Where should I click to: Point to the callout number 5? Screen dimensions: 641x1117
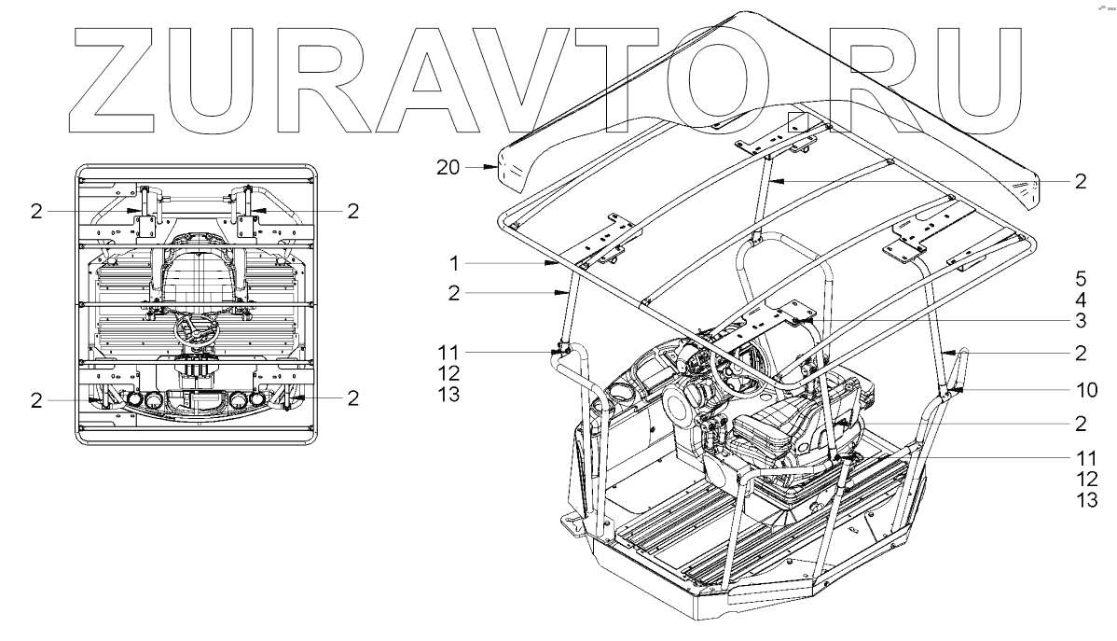click(1080, 278)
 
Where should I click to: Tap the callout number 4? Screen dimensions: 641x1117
click(1080, 300)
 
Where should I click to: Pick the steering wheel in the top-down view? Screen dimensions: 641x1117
click(197, 327)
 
